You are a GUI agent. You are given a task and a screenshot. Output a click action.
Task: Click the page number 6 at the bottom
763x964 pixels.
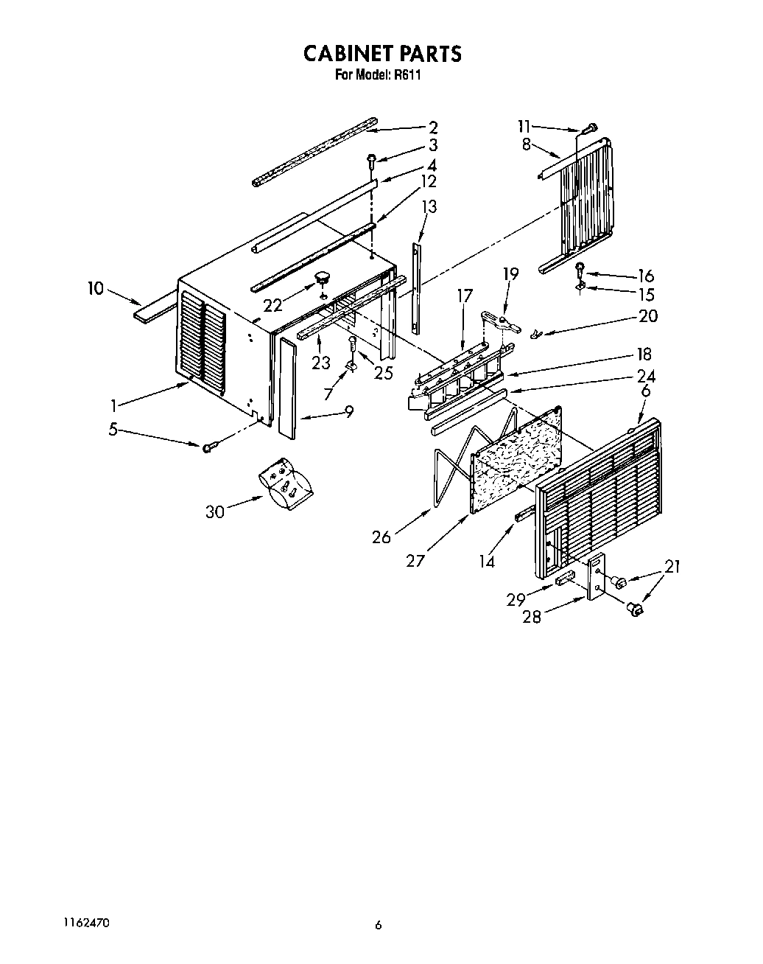click(378, 926)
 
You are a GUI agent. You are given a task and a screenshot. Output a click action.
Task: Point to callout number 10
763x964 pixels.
click(96, 287)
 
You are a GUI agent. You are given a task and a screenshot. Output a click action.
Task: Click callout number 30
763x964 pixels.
click(214, 510)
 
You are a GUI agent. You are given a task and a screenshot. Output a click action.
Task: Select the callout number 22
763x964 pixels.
click(273, 304)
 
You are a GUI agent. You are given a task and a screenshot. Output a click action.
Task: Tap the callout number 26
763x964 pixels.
click(381, 537)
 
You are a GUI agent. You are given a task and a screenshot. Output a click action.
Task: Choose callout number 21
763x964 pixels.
click(672, 566)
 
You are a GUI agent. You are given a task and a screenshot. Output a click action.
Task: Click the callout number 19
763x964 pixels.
click(510, 273)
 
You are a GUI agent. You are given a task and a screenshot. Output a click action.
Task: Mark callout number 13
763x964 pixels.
click(428, 206)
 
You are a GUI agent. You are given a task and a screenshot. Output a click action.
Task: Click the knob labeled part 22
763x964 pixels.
click(321, 277)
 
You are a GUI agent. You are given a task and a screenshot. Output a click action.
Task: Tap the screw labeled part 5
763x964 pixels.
click(207, 447)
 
